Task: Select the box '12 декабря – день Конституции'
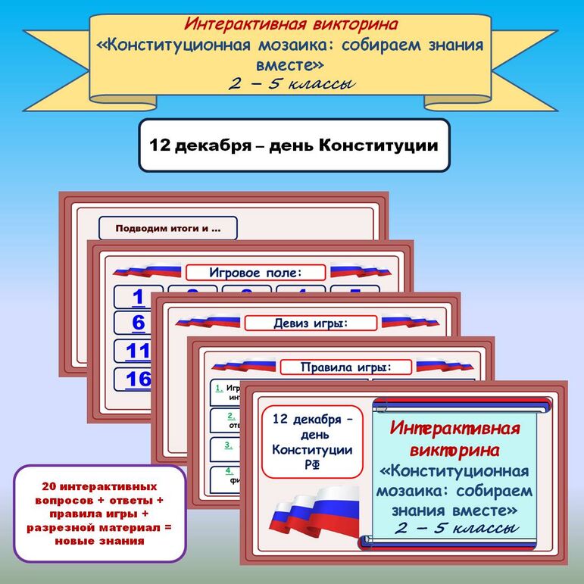[x=293, y=145]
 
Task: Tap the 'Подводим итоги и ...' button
[x=167, y=228]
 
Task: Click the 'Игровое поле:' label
[x=255, y=273]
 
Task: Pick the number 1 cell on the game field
[x=137, y=297]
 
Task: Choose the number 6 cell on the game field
[x=137, y=323]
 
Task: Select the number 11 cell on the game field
[x=137, y=351]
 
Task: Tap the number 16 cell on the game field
[x=137, y=379]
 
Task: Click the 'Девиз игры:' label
[x=310, y=323]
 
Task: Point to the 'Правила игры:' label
[x=345, y=368]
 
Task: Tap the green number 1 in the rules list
[x=219, y=389]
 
